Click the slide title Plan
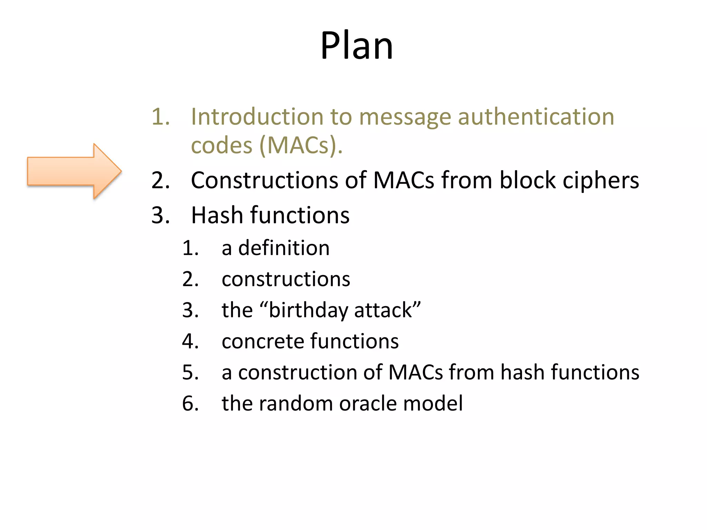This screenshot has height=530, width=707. click(357, 46)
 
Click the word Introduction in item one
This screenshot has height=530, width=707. click(257, 117)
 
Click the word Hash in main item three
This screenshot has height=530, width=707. click(217, 215)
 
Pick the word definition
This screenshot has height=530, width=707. click(284, 248)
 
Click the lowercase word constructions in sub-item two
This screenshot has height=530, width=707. click(286, 279)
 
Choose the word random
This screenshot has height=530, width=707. click(296, 403)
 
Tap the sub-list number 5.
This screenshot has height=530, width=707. click(190, 373)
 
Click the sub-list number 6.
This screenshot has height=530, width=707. click(190, 403)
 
